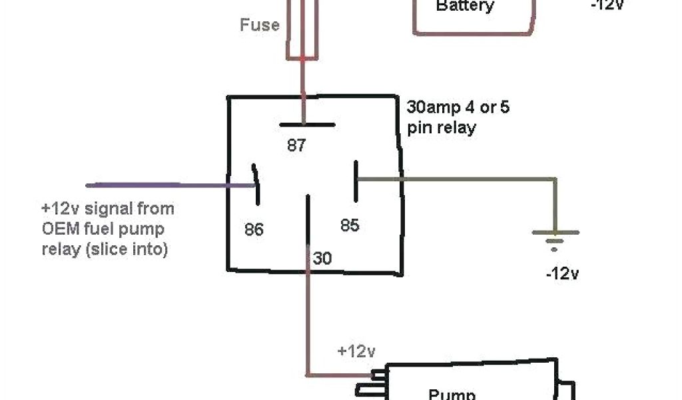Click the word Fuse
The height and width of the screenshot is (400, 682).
click(260, 25)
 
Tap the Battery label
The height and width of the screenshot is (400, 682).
click(465, 7)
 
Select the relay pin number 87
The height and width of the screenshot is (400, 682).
click(296, 145)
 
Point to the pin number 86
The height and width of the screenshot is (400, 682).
click(254, 230)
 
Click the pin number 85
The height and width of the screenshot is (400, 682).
click(350, 225)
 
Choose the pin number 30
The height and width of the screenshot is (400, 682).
click(322, 258)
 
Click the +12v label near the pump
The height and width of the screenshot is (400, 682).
click(357, 351)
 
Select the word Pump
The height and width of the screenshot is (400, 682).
click(452, 393)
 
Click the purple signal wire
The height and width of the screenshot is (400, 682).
click(160, 184)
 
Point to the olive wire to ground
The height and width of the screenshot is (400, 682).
click(466, 179)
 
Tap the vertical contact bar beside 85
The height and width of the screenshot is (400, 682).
click(356, 180)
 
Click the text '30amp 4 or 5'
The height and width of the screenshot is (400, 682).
click(458, 107)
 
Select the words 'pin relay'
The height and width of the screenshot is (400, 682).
click(441, 127)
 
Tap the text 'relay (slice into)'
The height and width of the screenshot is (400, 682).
click(105, 250)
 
